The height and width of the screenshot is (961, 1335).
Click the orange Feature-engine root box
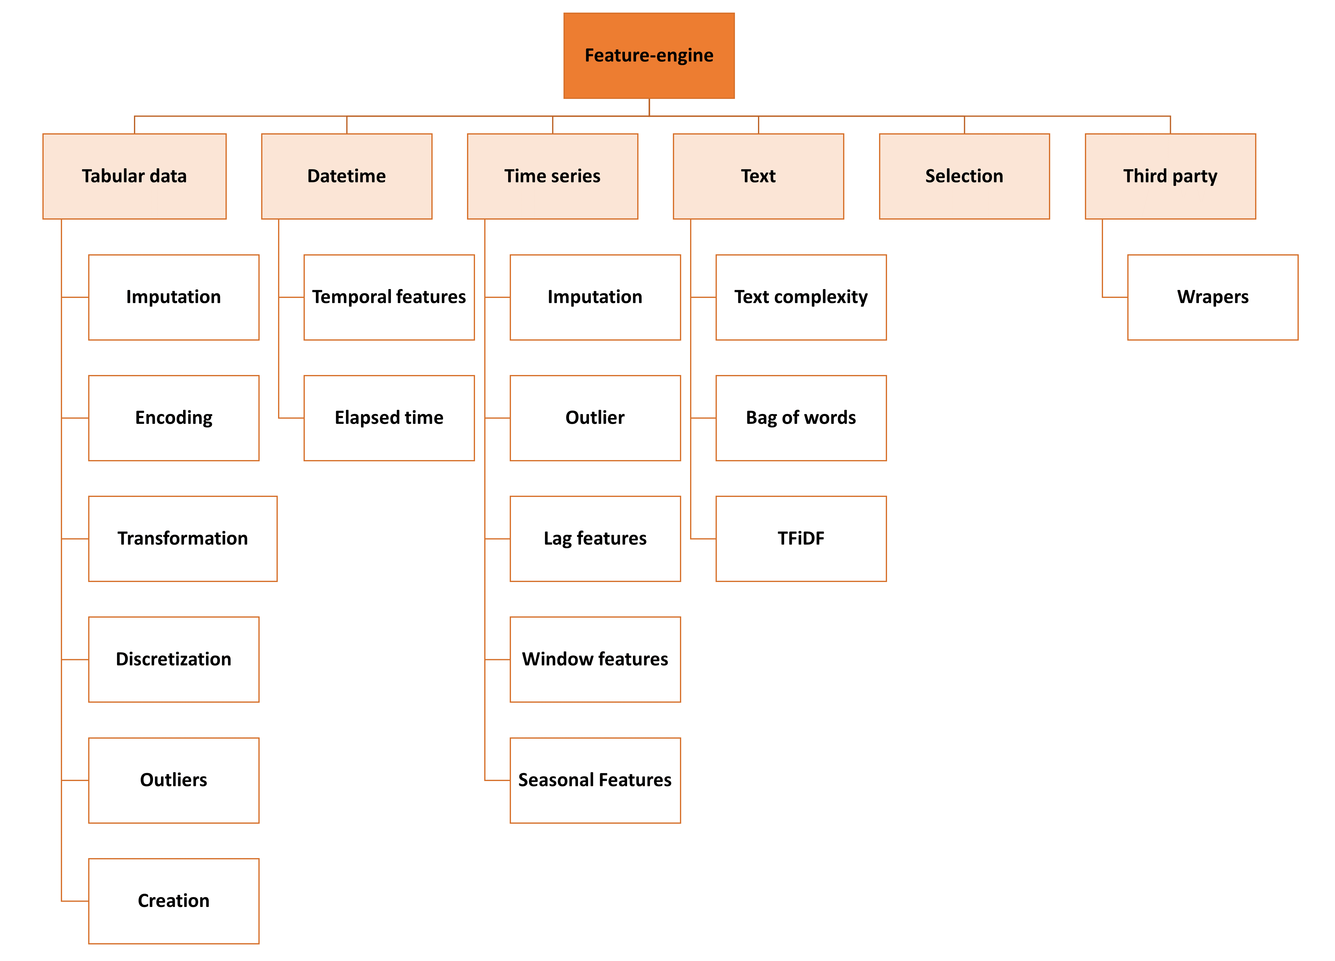[x=649, y=55]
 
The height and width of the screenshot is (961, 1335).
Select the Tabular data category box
[x=134, y=176]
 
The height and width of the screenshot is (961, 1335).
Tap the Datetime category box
[x=347, y=176]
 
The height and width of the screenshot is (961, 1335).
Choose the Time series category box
[x=552, y=176]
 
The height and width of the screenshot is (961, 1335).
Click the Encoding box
[x=174, y=418]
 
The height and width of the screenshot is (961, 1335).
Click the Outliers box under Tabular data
[x=174, y=780]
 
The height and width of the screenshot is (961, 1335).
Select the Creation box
[x=174, y=900]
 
